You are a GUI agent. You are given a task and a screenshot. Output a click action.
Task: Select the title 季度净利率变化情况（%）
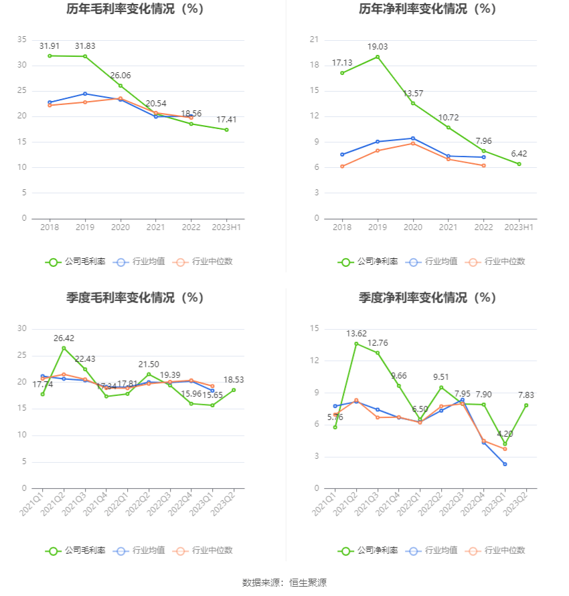427,298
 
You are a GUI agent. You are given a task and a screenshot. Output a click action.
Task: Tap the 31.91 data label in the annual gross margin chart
50,46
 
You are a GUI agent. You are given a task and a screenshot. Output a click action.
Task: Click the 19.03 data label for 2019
377,47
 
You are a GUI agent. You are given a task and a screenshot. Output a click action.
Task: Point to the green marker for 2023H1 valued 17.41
226,130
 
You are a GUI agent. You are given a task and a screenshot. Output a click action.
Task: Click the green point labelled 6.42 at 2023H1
519,164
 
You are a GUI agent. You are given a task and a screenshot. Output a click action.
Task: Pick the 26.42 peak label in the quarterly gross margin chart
64,338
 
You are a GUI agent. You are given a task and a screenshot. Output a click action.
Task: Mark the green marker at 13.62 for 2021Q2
356,344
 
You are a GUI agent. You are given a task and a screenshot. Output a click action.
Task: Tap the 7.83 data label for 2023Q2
527,395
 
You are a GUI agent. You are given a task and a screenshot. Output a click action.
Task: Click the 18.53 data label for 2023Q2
234,379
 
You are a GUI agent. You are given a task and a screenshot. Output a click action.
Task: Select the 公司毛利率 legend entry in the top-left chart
76,262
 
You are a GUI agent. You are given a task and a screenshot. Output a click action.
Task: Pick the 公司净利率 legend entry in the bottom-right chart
368,551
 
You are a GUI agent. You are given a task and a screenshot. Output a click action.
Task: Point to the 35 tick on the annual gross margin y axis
23,39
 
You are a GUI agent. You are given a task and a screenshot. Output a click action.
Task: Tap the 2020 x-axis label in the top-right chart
412,227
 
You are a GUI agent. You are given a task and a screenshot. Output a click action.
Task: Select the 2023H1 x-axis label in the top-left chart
226,227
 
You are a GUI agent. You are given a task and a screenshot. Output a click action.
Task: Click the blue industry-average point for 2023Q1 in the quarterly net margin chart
505,464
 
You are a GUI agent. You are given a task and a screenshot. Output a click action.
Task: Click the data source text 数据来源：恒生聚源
284,583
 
